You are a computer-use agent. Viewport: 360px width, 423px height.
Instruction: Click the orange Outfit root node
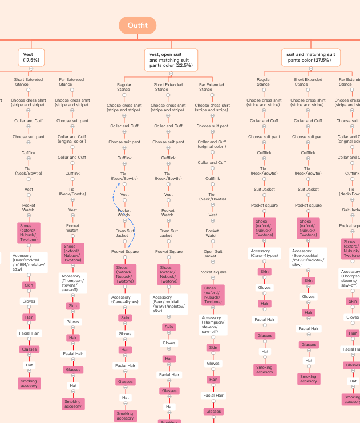pyautogui.click(x=137, y=25)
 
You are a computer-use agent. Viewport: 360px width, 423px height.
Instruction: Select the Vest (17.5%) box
pyautogui.click(x=31, y=57)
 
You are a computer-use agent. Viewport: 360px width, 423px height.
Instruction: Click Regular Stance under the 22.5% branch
pyautogui.click(x=123, y=87)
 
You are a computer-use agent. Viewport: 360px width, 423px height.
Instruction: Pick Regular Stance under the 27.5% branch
pyautogui.click(x=263, y=82)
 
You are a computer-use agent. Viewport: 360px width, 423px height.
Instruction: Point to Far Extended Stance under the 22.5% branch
pyautogui.click(x=211, y=87)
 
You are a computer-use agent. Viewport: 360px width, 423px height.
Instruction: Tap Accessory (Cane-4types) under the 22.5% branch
pyautogui.click(x=125, y=300)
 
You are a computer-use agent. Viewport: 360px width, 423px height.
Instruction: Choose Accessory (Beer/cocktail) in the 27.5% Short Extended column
pyautogui.click(x=308, y=257)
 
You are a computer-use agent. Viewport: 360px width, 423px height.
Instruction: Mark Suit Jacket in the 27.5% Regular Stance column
pyautogui.click(x=264, y=189)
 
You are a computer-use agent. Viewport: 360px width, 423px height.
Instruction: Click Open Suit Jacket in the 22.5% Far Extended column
pyautogui.click(x=213, y=253)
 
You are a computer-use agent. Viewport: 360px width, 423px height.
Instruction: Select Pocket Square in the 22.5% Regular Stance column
pyautogui.click(x=125, y=251)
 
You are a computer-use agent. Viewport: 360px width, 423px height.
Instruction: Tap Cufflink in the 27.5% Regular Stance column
pyautogui.click(x=264, y=152)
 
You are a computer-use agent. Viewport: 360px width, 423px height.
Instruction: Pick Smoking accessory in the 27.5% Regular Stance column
pyautogui.click(x=264, y=369)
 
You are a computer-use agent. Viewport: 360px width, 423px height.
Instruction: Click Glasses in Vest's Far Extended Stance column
pyautogui.click(x=73, y=369)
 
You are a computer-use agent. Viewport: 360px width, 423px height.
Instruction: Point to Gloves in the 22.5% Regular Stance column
pyautogui.click(x=125, y=333)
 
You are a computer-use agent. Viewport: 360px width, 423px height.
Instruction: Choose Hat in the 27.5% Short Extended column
pyautogui.click(x=309, y=360)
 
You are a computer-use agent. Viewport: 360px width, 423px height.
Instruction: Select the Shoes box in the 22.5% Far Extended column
pyautogui.click(x=213, y=295)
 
